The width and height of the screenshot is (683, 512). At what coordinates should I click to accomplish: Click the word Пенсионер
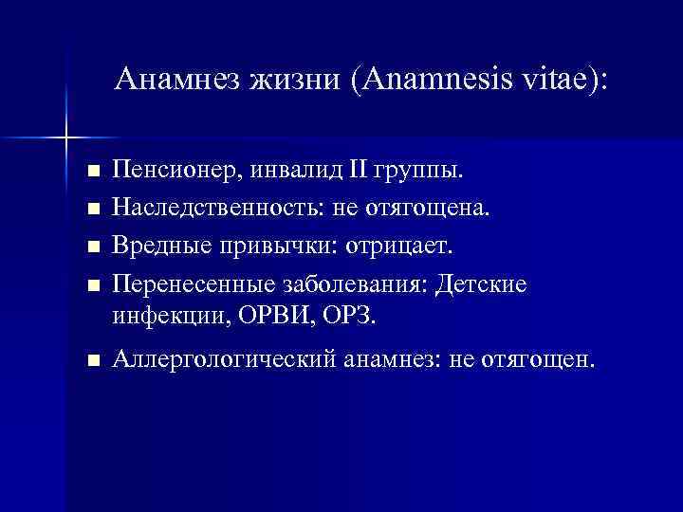[167, 171]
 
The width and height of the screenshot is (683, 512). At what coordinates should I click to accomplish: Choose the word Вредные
[155, 246]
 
